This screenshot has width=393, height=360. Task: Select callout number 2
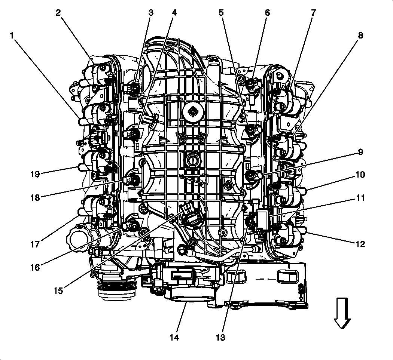(58, 13)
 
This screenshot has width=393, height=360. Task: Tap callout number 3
(151, 13)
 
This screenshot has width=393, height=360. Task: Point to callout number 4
(174, 13)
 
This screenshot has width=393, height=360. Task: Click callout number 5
(221, 13)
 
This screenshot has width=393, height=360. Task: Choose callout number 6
(267, 13)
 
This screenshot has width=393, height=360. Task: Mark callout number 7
(313, 13)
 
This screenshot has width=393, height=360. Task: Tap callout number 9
(360, 152)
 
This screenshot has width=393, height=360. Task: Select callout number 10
(360, 175)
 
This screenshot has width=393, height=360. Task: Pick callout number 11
(360, 198)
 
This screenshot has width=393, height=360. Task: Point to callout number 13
(221, 338)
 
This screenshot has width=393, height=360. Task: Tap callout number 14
(174, 338)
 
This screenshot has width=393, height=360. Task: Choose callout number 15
(58, 290)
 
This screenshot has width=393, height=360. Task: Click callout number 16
(36, 267)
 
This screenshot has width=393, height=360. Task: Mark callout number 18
(36, 198)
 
